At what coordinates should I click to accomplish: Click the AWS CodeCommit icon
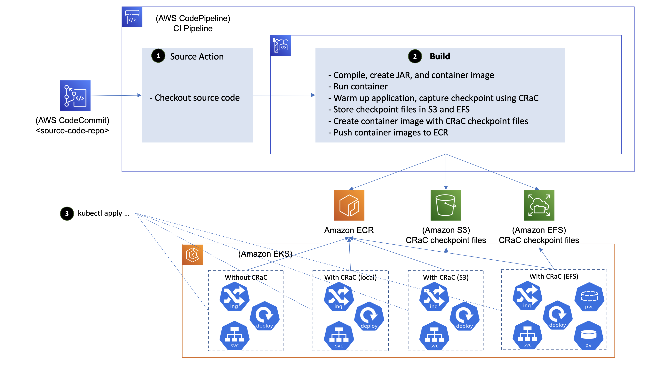[75, 96]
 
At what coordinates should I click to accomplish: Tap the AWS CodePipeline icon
[132, 17]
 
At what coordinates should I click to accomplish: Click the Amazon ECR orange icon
[349, 205]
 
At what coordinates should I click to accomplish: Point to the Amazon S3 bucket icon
[446, 205]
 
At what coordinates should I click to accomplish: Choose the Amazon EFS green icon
[539, 205]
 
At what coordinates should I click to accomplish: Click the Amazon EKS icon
[193, 255]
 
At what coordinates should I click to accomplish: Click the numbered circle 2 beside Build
[415, 56]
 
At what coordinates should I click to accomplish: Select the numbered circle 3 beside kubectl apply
[67, 214]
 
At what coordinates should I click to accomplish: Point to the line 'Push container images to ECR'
[390, 133]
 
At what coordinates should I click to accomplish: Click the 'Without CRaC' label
[246, 277]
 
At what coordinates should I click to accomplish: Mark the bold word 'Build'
[440, 56]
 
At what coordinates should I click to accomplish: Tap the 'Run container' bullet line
[360, 86]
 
